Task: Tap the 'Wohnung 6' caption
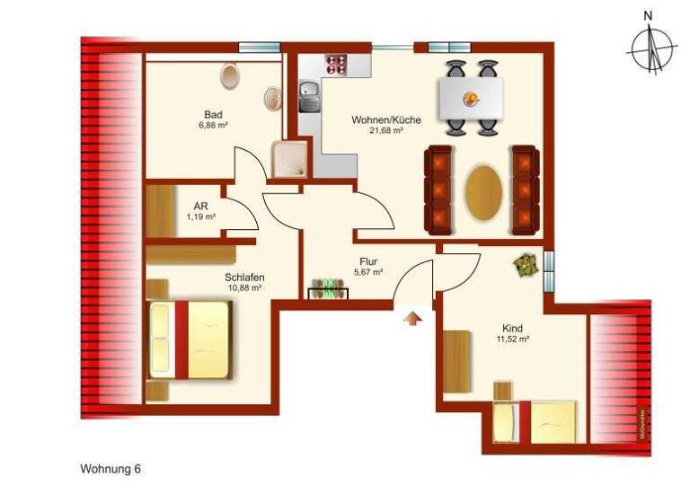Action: click(x=111, y=469)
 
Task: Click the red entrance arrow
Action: click(x=412, y=319)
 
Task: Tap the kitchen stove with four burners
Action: click(x=338, y=64)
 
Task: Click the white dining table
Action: click(x=470, y=96)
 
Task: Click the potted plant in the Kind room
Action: click(x=523, y=264)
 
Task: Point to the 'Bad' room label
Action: click(x=213, y=115)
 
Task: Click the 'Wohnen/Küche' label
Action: click(x=376, y=119)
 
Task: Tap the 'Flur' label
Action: click(x=368, y=261)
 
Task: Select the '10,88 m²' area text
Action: click(x=243, y=288)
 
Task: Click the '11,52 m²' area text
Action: click(x=511, y=340)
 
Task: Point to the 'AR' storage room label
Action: click(x=201, y=206)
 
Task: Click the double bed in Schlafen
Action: click(x=190, y=338)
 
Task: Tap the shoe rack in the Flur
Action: click(x=329, y=290)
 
